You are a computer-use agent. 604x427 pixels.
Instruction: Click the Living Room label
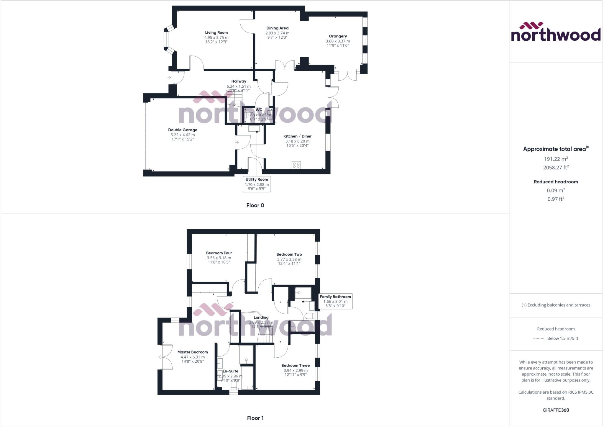coord(216,33)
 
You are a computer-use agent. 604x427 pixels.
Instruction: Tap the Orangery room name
coord(338,36)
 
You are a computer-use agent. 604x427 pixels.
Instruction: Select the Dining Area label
coord(277,28)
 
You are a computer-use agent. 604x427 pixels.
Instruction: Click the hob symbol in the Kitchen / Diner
coord(296,165)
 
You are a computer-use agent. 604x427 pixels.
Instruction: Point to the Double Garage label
coord(183,130)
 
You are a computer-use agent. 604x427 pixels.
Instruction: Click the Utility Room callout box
coord(257,184)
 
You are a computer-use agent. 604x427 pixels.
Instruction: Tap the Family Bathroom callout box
coord(335,301)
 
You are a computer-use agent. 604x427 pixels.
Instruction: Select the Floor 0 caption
coord(255,205)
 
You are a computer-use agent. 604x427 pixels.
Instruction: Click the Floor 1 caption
coord(255,418)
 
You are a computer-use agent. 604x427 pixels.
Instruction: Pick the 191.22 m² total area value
coord(556,159)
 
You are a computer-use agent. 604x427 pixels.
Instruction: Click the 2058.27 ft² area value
coord(556,168)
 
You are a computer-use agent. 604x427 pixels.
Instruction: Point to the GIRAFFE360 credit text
coord(556,410)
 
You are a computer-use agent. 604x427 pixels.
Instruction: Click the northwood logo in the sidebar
coord(556,32)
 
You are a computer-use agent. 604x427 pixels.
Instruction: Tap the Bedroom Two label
coord(289,254)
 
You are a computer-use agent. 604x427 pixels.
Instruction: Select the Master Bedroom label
coord(193,352)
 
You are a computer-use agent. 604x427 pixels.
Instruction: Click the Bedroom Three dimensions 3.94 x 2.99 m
coord(296,370)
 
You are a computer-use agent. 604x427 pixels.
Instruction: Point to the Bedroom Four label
coord(219,253)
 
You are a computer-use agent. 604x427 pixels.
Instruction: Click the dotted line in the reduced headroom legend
coord(539,338)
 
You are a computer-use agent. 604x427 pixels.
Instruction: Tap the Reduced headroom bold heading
coord(556,182)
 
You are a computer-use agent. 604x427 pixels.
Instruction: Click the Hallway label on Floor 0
coord(239,81)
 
